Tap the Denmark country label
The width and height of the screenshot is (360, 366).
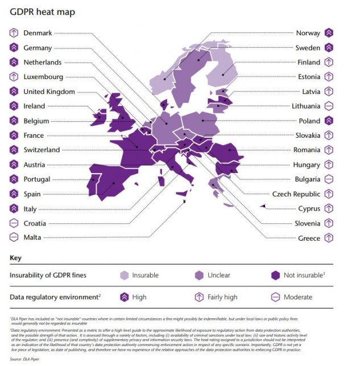(38, 33)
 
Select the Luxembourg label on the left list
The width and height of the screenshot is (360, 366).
(43, 77)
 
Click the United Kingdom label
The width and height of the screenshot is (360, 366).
(49, 92)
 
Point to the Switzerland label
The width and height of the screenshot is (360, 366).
(42, 150)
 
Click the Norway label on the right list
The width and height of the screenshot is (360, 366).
(308, 33)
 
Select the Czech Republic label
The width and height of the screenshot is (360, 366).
(297, 194)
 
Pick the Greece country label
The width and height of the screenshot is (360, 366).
(309, 238)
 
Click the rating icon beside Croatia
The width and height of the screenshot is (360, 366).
(14, 223)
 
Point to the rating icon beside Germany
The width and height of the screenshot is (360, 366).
(14, 48)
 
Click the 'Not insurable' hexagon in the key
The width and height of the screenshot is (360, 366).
(275, 275)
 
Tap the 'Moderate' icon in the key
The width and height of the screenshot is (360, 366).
(275, 297)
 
